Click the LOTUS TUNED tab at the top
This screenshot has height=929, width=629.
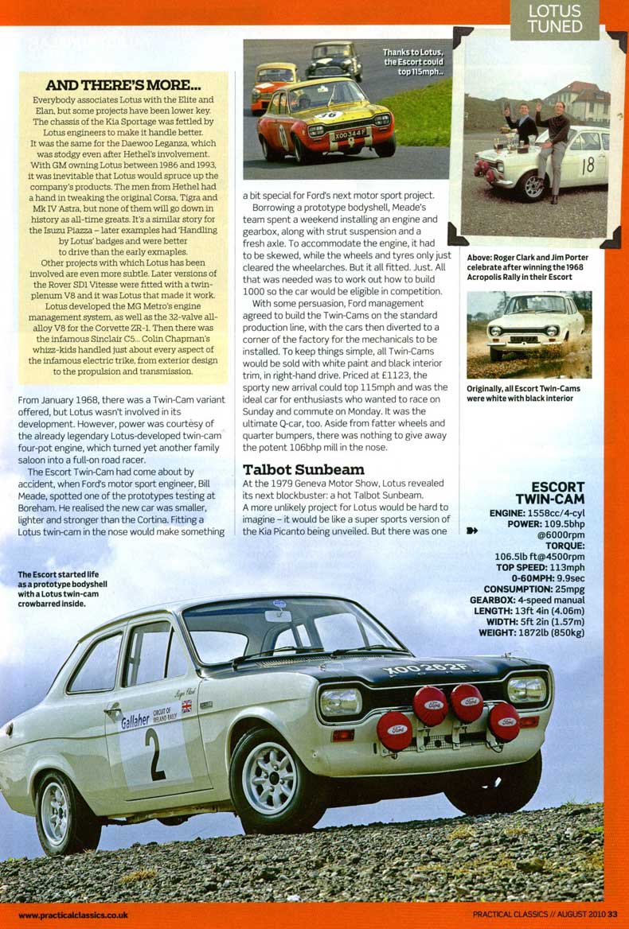click(x=555, y=19)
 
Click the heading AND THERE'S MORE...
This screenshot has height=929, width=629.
click(x=123, y=85)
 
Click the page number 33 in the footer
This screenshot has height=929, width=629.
click(x=612, y=914)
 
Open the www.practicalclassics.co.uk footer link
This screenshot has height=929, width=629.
click(x=72, y=915)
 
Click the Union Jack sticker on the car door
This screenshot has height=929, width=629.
click(x=186, y=706)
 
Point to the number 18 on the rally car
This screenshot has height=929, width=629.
click(x=588, y=166)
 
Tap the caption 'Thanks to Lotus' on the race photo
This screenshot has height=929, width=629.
click(x=413, y=56)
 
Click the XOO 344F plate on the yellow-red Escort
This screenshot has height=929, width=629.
click(x=350, y=136)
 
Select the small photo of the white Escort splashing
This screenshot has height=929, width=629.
click(x=529, y=334)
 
